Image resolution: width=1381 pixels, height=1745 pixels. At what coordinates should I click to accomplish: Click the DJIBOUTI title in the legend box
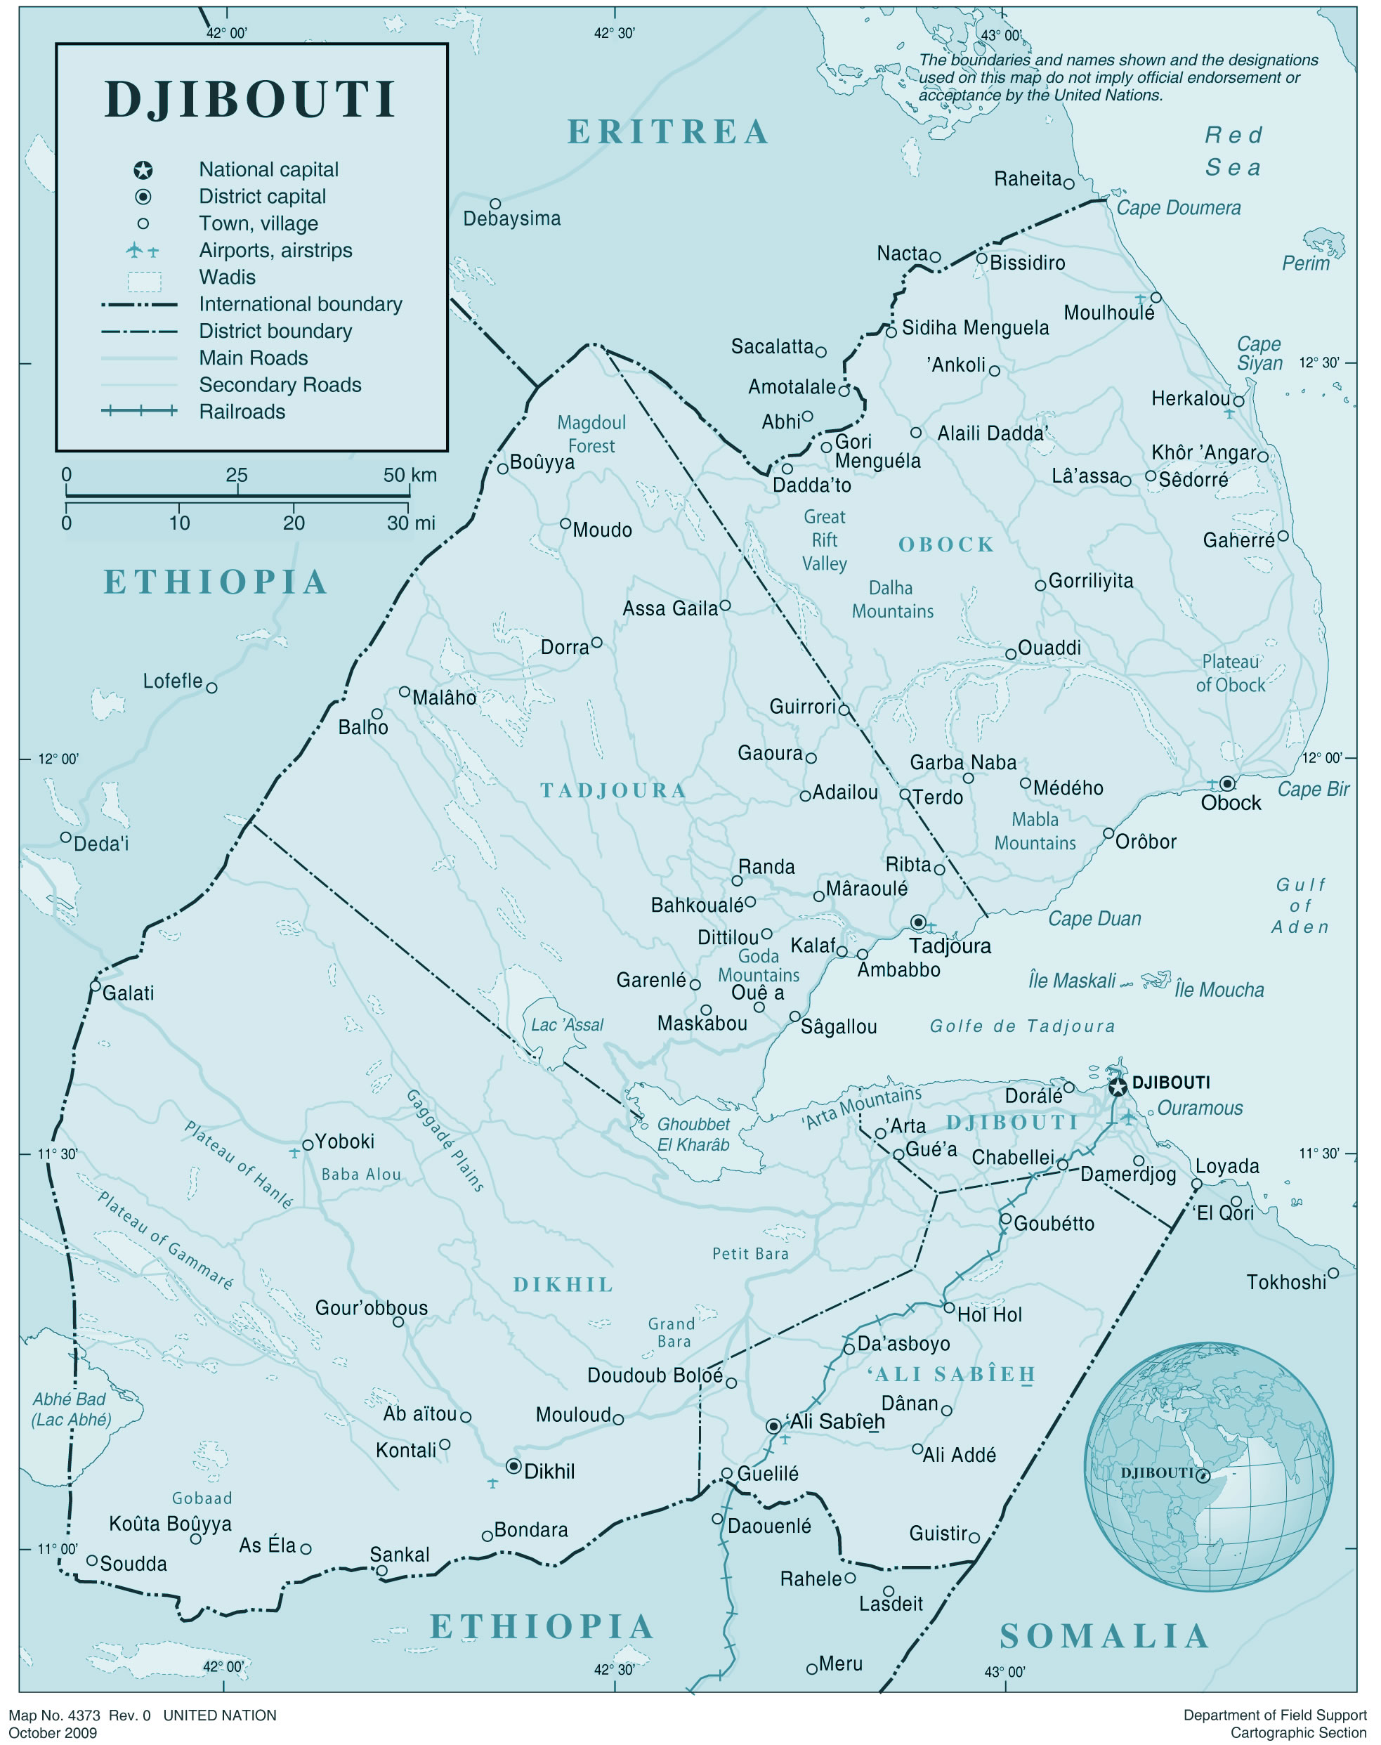(x=251, y=100)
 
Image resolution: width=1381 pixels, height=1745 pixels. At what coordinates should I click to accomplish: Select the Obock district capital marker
(x=1227, y=783)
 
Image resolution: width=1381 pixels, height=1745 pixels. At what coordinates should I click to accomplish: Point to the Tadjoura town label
(x=949, y=946)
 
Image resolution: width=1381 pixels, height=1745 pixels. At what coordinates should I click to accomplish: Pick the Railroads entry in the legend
(x=242, y=412)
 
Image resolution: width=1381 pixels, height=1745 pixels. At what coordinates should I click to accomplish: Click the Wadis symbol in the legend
(x=144, y=280)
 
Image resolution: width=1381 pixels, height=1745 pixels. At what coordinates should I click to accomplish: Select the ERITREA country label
(x=668, y=132)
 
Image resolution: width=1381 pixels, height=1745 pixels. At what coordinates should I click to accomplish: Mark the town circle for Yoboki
(x=307, y=1145)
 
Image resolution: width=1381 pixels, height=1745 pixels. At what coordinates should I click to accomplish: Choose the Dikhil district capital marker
(x=513, y=1466)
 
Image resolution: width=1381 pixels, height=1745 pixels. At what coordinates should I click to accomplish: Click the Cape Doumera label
(x=1178, y=208)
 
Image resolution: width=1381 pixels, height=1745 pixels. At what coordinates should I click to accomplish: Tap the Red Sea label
(x=1233, y=151)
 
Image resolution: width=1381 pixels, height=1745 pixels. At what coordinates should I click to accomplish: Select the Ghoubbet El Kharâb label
(x=693, y=1134)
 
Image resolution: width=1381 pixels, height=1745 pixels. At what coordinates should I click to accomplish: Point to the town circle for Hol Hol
(x=949, y=1307)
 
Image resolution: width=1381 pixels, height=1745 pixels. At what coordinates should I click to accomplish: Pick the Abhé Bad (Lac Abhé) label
(x=70, y=1409)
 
